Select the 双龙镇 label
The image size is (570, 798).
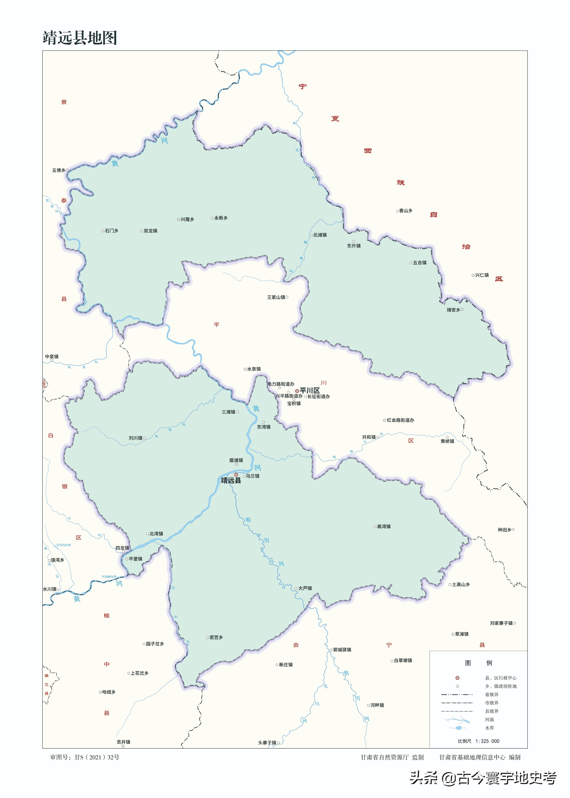click(150, 231)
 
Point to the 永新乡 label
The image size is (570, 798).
click(221, 218)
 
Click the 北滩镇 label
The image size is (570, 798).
click(320, 235)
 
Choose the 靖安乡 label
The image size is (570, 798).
click(453, 310)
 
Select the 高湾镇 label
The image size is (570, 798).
click(384, 526)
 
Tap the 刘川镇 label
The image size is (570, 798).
click(136, 438)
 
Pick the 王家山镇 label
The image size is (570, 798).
click(276, 297)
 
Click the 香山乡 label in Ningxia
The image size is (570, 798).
click(405, 211)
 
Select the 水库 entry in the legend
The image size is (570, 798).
click(489, 728)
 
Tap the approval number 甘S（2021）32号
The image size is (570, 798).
click(97, 757)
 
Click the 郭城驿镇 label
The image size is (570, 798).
click(342, 650)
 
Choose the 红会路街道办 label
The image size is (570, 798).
click(400, 420)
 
